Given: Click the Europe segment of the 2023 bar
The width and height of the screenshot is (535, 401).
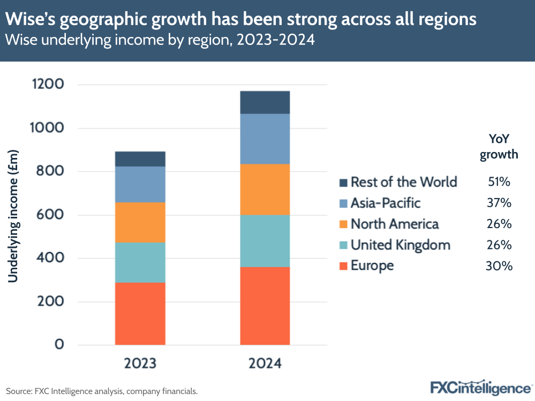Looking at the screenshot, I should click(140, 313).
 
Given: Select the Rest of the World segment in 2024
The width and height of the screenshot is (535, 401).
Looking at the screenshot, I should click(265, 102).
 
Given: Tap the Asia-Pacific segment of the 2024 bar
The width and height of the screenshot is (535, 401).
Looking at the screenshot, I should click(265, 139).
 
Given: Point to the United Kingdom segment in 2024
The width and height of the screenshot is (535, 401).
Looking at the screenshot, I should click(265, 241).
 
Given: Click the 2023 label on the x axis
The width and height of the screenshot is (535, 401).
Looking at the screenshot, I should click(140, 364).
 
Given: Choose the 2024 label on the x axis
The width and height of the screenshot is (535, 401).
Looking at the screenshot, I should click(265, 364).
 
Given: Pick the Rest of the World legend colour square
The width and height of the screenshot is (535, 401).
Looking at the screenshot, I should click(343, 183).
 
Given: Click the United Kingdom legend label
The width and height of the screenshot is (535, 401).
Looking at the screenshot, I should click(401, 245).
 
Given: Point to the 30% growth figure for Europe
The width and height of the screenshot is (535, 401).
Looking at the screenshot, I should click(500, 266).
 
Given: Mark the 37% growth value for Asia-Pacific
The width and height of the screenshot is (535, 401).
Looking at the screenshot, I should click(500, 203).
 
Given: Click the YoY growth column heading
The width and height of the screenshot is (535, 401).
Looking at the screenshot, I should click(499, 146).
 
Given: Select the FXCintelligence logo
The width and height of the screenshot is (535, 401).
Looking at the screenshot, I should click(480, 387).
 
